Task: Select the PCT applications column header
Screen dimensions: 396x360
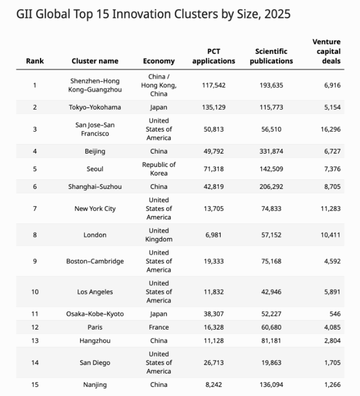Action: pos(214,56)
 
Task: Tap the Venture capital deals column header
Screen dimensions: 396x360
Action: pos(327,52)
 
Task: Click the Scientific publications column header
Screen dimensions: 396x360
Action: pos(271,56)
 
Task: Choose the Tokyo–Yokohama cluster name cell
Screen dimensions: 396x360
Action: pos(95,107)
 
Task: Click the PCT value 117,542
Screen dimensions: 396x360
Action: pos(214,85)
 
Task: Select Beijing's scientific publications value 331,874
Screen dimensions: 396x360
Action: pos(271,151)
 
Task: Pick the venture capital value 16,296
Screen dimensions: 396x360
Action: pos(330,129)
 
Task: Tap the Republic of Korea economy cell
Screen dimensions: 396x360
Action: pos(159,169)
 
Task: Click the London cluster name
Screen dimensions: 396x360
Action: pos(95,235)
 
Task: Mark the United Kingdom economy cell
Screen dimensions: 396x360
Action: pos(159,235)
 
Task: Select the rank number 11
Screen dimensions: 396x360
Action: pos(34,314)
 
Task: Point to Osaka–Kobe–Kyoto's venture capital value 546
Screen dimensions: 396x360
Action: pos(334,314)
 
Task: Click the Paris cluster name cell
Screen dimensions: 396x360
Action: pos(95,327)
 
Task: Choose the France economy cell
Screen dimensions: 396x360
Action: pos(159,327)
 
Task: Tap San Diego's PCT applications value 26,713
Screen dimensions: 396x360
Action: pos(214,362)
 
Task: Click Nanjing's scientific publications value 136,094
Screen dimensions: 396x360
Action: pos(271,385)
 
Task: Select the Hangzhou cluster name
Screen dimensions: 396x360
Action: pos(95,340)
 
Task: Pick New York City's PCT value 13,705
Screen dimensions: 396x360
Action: pos(214,208)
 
